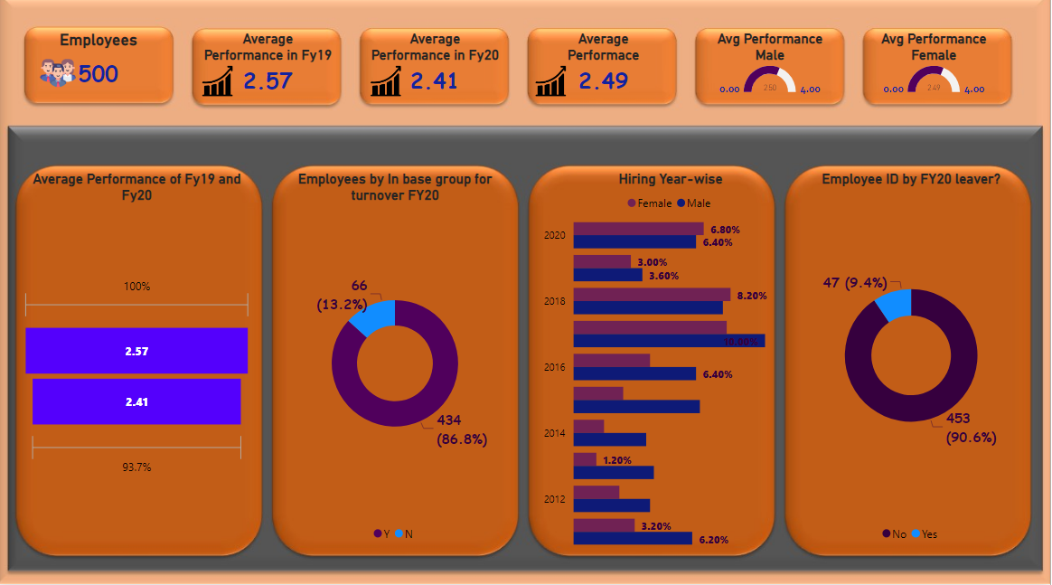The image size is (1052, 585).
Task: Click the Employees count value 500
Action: (x=99, y=74)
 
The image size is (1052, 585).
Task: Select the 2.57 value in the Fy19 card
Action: (x=268, y=81)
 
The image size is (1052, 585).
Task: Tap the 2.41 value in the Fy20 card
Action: (x=435, y=81)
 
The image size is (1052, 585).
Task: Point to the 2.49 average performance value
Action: (x=603, y=81)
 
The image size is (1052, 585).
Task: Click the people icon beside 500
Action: (x=57, y=72)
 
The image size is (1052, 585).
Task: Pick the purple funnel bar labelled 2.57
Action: (x=136, y=351)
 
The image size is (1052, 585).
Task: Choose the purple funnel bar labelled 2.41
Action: (x=136, y=401)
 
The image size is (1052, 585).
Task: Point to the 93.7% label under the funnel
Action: (x=136, y=467)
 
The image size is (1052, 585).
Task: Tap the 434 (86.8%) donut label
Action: (x=462, y=429)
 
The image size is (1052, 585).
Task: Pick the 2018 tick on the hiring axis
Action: (x=554, y=301)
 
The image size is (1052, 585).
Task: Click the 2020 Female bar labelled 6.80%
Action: (x=638, y=229)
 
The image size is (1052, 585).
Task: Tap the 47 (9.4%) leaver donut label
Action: (x=855, y=283)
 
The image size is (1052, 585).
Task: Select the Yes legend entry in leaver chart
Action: (x=925, y=534)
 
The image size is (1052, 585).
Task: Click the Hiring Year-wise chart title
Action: (x=670, y=179)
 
